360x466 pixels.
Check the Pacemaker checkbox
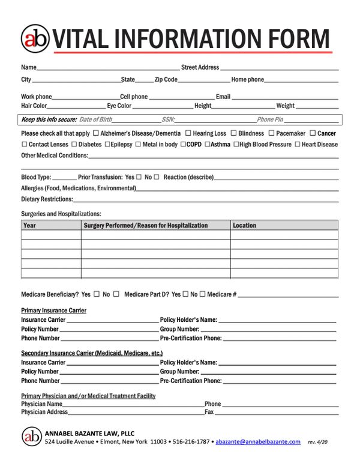[x=271, y=133]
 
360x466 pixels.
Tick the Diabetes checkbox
[x=74, y=144]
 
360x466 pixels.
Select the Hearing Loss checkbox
[x=188, y=133]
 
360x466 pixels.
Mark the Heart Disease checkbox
[x=297, y=144]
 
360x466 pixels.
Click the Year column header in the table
[x=29, y=225]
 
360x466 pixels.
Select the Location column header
[x=244, y=225]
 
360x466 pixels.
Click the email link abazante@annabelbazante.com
[x=258, y=441]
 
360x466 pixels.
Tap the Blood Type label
[x=36, y=177]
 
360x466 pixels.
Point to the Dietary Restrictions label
[x=47, y=199]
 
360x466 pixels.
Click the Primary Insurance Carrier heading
[x=53, y=310]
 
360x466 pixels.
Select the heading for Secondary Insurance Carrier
[x=92, y=353]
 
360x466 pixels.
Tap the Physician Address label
[x=44, y=412]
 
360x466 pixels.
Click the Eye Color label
[x=119, y=106]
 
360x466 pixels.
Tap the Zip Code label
[x=166, y=79]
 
